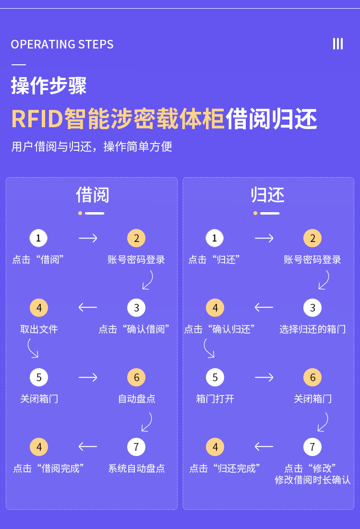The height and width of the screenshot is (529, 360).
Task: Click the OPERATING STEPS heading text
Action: pyautogui.click(x=62, y=45)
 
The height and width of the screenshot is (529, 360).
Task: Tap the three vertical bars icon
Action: pyautogui.click(x=338, y=44)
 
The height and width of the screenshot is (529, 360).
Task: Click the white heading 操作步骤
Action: pyautogui.click(x=48, y=86)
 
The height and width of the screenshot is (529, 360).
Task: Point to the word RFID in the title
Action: pyautogui.click(x=37, y=119)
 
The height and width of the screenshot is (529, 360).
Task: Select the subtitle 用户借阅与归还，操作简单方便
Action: pyautogui.click(x=92, y=146)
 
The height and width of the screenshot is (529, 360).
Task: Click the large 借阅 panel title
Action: pyautogui.click(x=93, y=195)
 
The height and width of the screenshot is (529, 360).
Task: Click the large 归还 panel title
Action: pyautogui.click(x=268, y=195)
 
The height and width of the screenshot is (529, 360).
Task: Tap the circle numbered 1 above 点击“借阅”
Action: pyautogui.click(x=38, y=238)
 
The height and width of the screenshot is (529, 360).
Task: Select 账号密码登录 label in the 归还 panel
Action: pyautogui.click(x=312, y=260)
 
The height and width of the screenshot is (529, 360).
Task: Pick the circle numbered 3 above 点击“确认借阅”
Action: pyautogui.click(x=136, y=308)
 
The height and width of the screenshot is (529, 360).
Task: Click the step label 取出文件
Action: pyautogui.click(x=39, y=329)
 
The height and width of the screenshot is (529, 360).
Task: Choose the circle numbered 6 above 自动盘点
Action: pyautogui.click(x=136, y=377)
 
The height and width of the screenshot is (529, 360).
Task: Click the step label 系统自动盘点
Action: pyautogui.click(x=136, y=469)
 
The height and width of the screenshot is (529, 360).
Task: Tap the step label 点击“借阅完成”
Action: pyautogui.click(x=48, y=469)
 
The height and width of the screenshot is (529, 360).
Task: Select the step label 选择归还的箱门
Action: pyautogui.click(x=312, y=329)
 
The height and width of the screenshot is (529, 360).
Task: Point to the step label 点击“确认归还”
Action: pyautogui.click(x=219, y=329)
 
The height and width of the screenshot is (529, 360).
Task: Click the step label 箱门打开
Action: pyautogui.click(x=215, y=399)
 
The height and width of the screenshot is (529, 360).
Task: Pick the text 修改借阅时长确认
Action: pyautogui.click(x=312, y=480)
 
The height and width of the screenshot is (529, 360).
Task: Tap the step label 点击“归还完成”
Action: pyautogui.click(x=225, y=469)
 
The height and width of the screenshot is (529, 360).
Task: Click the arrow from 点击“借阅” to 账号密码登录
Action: pyautogui.click(x=88, y=238)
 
